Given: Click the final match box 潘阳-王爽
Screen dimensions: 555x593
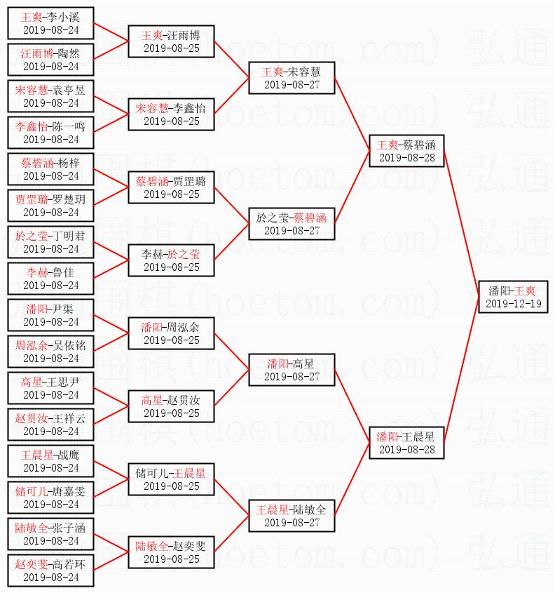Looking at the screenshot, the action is point(512,297).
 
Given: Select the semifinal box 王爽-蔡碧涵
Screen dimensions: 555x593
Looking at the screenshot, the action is point(406,151).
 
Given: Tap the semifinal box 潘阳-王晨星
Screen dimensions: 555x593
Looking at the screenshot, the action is point(406,443).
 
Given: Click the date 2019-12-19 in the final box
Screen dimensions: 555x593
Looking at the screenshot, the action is point(512,304).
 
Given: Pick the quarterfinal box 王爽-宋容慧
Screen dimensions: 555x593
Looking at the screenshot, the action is point(292,78).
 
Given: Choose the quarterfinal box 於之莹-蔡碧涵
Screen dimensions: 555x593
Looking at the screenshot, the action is point(292,224).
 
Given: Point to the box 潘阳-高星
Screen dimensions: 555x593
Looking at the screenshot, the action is point(292,370).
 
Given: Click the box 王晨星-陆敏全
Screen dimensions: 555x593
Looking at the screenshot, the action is point(292,516).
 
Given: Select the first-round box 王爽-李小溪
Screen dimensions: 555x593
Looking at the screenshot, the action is point(50,23).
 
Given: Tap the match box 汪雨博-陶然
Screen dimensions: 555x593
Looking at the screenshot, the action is point(50,60).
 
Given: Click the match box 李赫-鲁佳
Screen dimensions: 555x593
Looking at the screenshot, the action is point(50,279).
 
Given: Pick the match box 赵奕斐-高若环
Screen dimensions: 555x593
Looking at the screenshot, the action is point(50,571).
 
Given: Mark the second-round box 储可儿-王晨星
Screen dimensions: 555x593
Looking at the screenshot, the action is point(171,479).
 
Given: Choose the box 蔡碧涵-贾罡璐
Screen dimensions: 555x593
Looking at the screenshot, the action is point(171,187).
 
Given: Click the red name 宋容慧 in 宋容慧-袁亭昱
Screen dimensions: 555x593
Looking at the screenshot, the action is point(30,90).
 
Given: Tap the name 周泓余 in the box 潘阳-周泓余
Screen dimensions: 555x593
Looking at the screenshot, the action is point(183,327).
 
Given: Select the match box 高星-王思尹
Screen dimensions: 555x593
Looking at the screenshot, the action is point(50,388).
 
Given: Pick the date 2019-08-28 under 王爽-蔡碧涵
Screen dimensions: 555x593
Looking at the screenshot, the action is point(406,158).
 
